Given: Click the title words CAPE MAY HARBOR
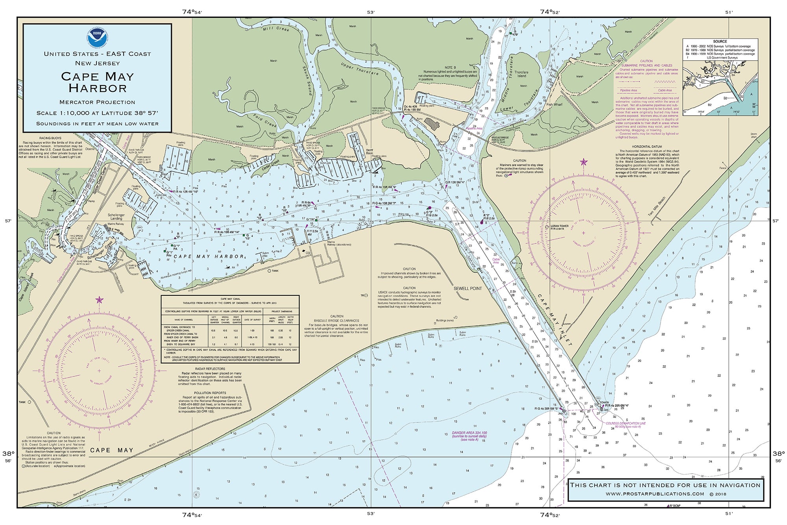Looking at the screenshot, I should click(x=97, y=82).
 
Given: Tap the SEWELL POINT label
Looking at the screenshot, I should click(x=467, y=288).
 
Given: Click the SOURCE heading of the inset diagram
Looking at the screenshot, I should click(x=720, y=41).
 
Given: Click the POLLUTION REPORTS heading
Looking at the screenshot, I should click(x=210, y=393).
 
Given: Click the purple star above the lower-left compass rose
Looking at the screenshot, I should click(x=99, y=300).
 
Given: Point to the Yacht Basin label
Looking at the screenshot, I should click(x=369, y=152).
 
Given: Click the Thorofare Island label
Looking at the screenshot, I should click(x=521, y=74).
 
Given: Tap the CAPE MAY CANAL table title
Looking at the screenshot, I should click(x=231, y=299).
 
